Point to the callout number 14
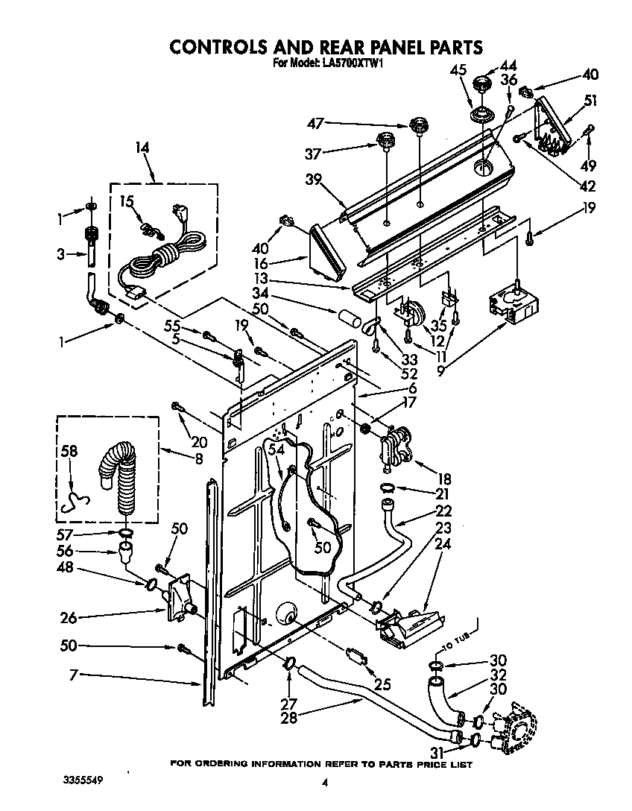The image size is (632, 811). pyautogui.click(x=142, y=148)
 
